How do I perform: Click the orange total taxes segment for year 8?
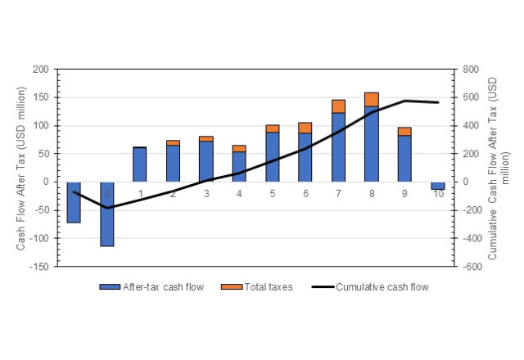372,100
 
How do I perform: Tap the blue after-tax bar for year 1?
140,164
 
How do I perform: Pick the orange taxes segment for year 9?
404,131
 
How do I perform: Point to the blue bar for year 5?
272,157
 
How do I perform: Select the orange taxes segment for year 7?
338,106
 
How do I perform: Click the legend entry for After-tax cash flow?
151,287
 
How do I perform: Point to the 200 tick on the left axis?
41,70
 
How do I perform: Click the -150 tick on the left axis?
39,267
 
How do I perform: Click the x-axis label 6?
305,194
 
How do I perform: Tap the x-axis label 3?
206,194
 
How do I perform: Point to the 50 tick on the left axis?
43,154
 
